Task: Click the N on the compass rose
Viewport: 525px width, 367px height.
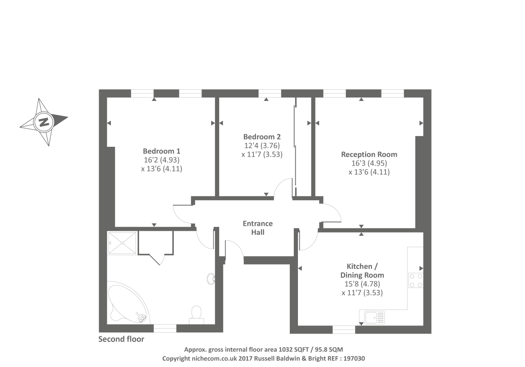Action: point(44,122)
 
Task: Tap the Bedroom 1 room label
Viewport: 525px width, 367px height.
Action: point(161,151)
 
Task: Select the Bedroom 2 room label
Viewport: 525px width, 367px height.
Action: point(262,137)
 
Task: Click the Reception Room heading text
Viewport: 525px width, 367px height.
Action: point(369,154)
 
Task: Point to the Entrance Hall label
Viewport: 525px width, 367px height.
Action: point(258,228)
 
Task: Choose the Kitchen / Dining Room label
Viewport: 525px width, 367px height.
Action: point(362,271)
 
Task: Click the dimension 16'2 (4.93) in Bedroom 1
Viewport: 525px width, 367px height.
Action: point(161,160)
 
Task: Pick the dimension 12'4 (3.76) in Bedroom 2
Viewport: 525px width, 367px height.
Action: point(262,145)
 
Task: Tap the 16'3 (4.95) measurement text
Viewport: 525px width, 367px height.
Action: point(369,163)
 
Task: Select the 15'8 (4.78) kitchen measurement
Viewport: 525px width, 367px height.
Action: point(362,284)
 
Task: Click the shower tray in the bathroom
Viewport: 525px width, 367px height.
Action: point(122,243)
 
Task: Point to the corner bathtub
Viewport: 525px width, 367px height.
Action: point(128,302)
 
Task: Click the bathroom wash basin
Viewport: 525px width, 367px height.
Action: point(211,279)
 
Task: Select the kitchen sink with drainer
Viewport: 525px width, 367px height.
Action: point(374,318)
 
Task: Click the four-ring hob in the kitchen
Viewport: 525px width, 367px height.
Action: point(416,280)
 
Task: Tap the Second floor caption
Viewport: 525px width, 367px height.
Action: point(121,339)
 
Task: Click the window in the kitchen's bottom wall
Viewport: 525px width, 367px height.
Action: point(344,330)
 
